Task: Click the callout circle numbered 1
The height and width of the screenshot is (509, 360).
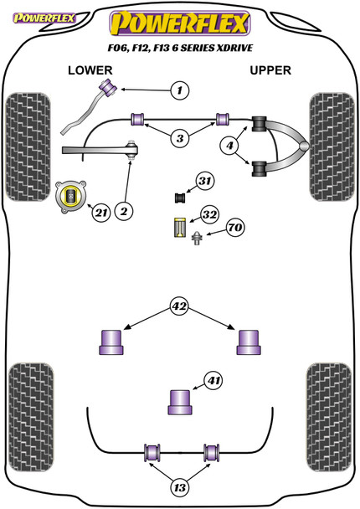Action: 179,90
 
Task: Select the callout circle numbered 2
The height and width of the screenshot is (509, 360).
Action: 124,211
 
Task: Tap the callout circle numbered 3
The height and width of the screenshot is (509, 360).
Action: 180,138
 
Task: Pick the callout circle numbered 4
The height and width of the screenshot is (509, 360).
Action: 230,146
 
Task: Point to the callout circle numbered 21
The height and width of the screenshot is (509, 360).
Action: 101,213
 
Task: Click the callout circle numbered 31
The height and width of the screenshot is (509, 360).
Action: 205,181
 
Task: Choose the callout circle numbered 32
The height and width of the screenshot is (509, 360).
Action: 209,214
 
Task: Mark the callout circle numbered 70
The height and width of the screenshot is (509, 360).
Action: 235,227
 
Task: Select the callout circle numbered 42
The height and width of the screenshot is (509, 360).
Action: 179,306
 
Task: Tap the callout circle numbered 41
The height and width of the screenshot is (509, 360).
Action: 213,380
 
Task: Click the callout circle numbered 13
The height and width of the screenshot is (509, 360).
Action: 179,487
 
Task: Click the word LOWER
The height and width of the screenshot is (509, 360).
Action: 90,70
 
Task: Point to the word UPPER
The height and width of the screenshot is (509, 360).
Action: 270,70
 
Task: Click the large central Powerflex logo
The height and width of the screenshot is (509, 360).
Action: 180,23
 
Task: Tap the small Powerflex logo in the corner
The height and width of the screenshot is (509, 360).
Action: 44,18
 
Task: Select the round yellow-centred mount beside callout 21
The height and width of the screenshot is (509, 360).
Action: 71,197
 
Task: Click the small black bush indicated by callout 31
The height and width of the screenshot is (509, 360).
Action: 180,198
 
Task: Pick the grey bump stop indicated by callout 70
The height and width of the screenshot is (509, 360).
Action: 197,239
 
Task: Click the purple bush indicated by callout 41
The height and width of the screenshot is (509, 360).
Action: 180,402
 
